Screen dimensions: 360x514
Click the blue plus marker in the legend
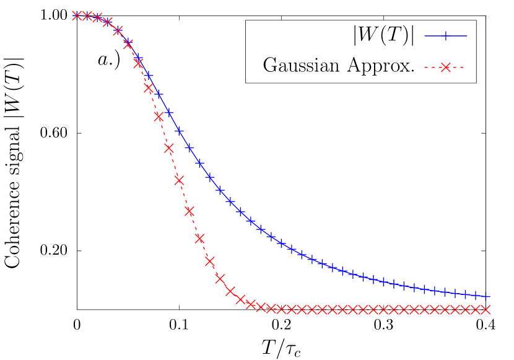pyautogui.click(x=445, y=36)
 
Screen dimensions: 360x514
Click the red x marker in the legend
pyautogui.click(x=445, y=67)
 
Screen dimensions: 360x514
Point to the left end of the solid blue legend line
pyautogui.click(x=425, y=36)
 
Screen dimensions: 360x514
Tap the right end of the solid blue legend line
pyautogui.click(x=467, y=36)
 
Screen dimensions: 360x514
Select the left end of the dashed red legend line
pyautogui.click(x=425, y=67)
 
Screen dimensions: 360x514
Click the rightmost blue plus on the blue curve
pyautogui.click(x=486, y=296)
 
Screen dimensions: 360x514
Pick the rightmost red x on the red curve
pyautogui.click(x=486, y=309)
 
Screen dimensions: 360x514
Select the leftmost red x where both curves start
pyautogui.click(x=77, y=15)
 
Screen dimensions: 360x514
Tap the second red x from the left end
pyautogui.click(x=87, y=15)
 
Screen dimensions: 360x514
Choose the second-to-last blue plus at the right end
pyautogui.click(x=476, y=294)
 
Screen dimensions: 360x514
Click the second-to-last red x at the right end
pyautogui.click(x=476, y=309)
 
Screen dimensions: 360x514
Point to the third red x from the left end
pyautogui.click(x=97, y=17)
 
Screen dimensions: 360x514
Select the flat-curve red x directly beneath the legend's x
pyautogui.click(x=445, y=309)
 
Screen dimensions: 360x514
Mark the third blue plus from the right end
pyautogui.click(x=466, y=294)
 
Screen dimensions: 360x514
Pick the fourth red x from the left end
pyautogui.click(x=107, y=22)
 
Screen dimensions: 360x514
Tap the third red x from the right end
pyautogui.click(x=466, y=309)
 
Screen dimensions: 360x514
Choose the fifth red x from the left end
pyautogui.click(x=118, y=30)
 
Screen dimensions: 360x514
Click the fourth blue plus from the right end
pyautogui.click(x=455, y=292)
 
